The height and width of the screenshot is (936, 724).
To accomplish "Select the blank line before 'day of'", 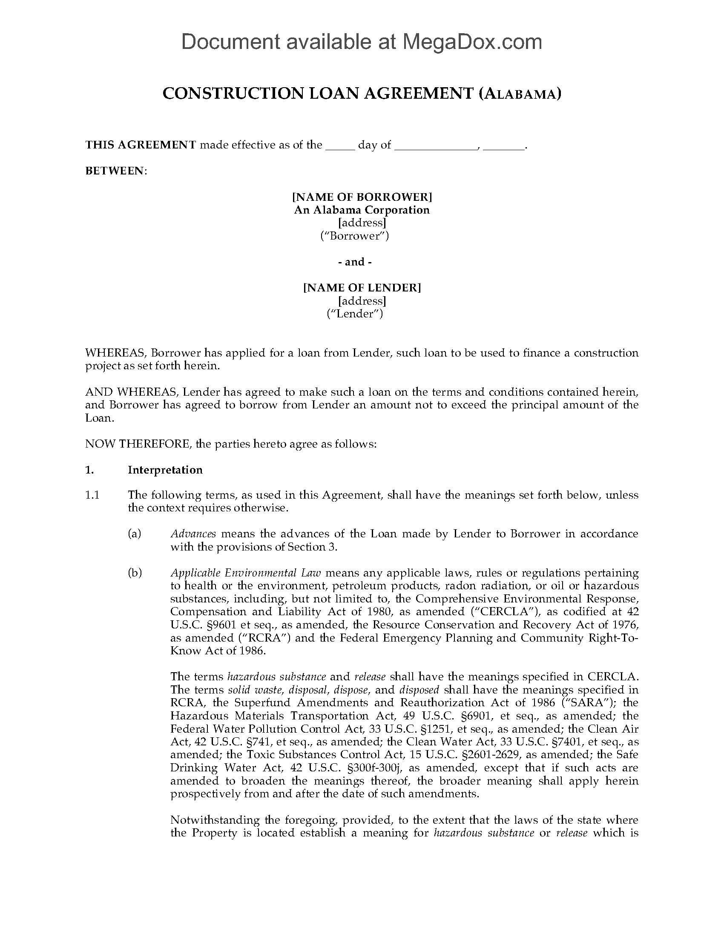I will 340,146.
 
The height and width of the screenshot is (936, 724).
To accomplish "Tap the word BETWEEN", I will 115,171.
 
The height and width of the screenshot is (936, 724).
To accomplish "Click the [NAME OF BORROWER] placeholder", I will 362,197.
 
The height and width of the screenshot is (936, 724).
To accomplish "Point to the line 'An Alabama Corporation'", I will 362,210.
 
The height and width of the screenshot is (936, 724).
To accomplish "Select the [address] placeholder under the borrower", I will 362,223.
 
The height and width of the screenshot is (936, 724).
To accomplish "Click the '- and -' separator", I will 355,262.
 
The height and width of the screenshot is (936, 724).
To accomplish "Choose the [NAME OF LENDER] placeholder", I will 362,288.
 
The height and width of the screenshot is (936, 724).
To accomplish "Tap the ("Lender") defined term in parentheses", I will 355,314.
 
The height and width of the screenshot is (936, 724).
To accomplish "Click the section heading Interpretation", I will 165,470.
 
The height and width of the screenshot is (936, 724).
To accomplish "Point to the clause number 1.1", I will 92,495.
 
